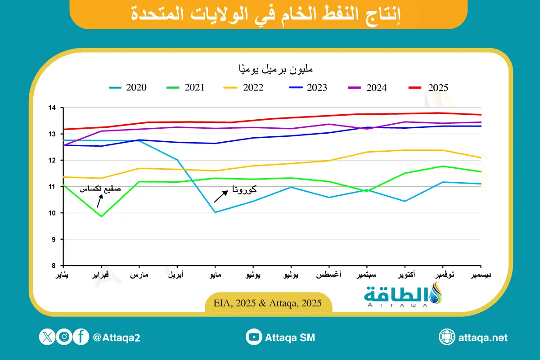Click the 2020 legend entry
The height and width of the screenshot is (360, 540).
[x=128, y=88]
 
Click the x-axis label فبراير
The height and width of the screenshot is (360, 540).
[x=102, y=274]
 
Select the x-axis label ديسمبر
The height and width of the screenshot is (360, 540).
[x=480, y=274]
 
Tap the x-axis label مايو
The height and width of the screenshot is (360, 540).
[x=215, y=274]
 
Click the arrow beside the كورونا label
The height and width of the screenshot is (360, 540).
[x=220, y=196]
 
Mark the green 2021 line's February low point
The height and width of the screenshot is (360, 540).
[x=102, y=216]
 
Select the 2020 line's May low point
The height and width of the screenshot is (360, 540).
[x=216, y=212]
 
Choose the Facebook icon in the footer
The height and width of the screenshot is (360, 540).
[x=81, y=337]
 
